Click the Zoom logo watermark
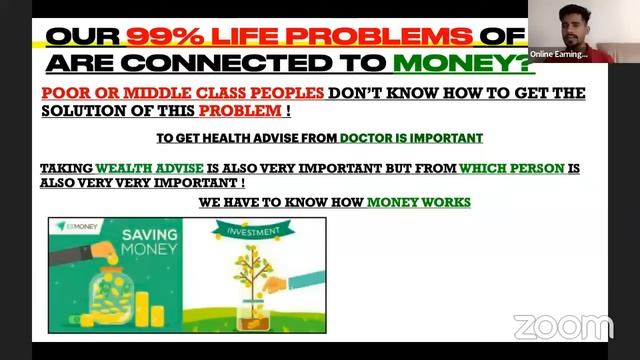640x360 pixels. (562, 326)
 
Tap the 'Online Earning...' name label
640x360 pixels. (559, 53)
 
